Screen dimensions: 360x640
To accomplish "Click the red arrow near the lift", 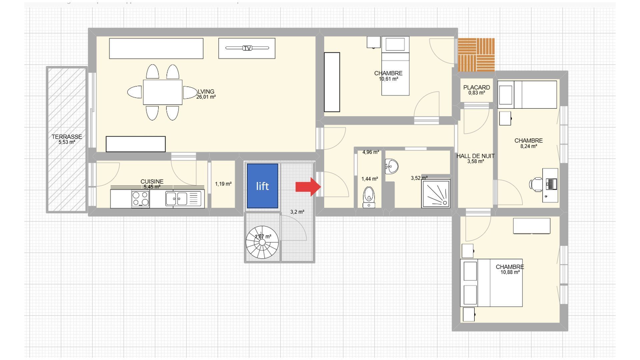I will (x=308, y=187).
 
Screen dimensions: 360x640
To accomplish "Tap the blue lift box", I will (x=262, y=186).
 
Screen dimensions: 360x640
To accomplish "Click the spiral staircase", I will (x=262, y=242).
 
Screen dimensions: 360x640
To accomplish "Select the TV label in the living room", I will (x=247, y=48).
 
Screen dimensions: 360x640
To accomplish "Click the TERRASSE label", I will (x=67, y=137).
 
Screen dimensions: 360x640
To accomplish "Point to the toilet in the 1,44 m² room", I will (x=369, y=197).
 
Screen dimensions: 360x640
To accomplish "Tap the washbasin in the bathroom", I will (x=391, y=166).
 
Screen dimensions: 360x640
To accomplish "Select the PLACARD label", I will (x=476, y=87).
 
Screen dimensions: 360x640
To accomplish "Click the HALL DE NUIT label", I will (x=475, y=156).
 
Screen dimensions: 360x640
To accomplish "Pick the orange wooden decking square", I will (x=476, y=55).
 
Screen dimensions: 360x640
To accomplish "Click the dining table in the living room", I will (x=163, y=92).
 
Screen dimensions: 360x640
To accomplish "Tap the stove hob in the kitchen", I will (x=140, y=199).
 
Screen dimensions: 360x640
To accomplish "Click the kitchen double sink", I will (x=177, y=199).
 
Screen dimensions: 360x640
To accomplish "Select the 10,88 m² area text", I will (x=510, y=272).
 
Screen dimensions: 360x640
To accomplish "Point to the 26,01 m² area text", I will (x=206, y=97).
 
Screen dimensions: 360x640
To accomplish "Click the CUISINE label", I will (x=152, y=181).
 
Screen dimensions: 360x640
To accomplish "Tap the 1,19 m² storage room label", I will (x=223, y=184).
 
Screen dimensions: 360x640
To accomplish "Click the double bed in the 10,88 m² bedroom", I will (x=491, y=283).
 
